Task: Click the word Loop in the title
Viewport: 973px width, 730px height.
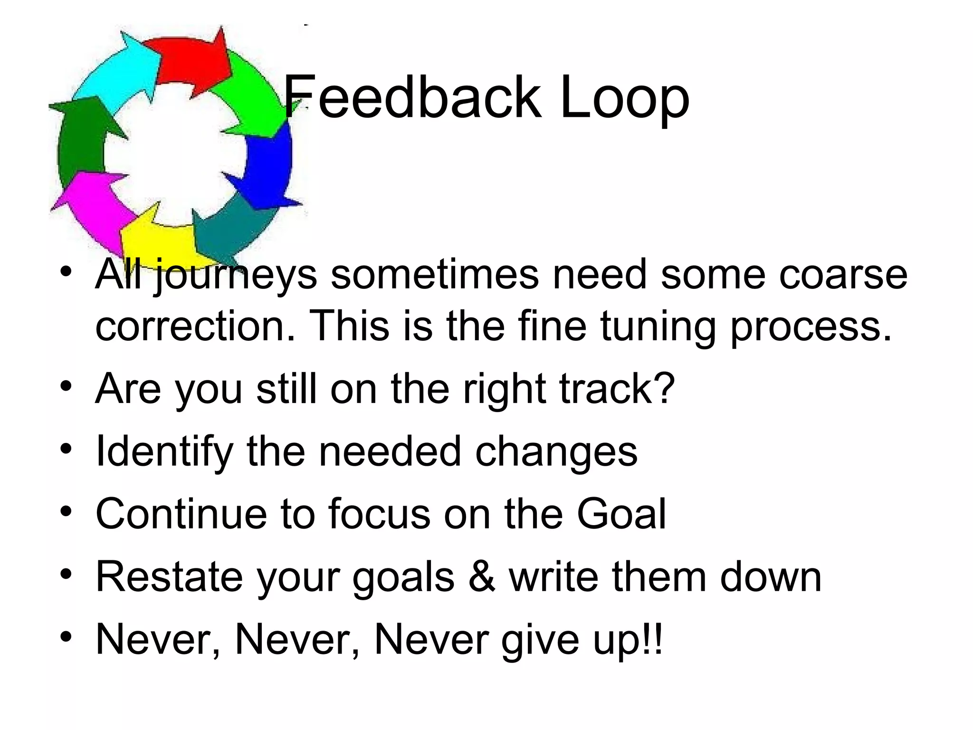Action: tap(624, 98)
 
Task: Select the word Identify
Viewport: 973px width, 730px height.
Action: tap(164, 451)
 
